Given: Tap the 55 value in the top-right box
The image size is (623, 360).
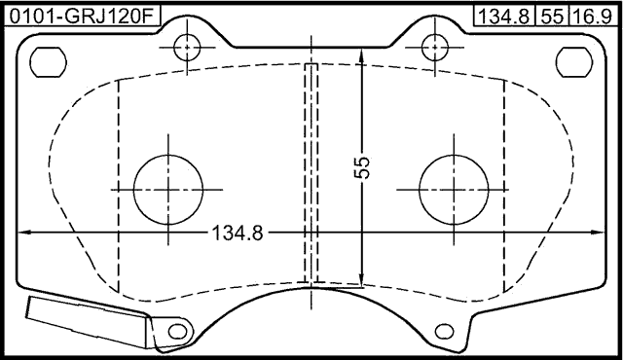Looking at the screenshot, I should pyautogui.click(x=551, y=15).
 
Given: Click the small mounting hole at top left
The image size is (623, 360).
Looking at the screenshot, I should pyautogui.click(x=187, y=46).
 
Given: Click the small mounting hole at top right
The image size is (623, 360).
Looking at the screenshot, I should pyautogui.click(x=434, y=46).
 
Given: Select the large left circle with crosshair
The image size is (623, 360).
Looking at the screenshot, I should pyautogui.click(x=169, y=189).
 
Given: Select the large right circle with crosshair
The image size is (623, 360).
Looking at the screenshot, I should pyautogui.click(x=454, y=189).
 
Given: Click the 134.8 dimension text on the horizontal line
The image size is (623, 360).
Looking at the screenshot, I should pyautogui.click(x=238, y=234).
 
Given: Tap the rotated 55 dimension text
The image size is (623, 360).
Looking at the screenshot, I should pyautogui.click(x=362, y=167).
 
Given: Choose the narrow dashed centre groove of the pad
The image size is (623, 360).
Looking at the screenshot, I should pyautogui.click(x=311, y=175).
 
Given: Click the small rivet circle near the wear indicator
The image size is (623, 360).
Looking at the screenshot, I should pyautogui.click(x=175, y=331).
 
